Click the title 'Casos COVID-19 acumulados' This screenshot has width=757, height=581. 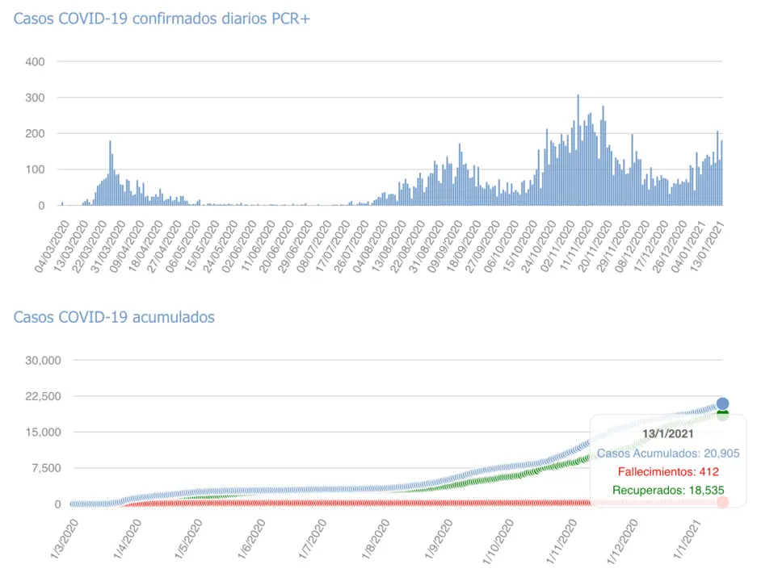[114, 317]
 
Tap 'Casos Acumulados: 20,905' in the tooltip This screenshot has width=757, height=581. [667, 453]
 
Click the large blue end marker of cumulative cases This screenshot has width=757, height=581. [722, 403]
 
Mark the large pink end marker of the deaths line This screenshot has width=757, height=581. [722, 502]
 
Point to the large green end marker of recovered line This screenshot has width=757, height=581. [722, 415]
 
